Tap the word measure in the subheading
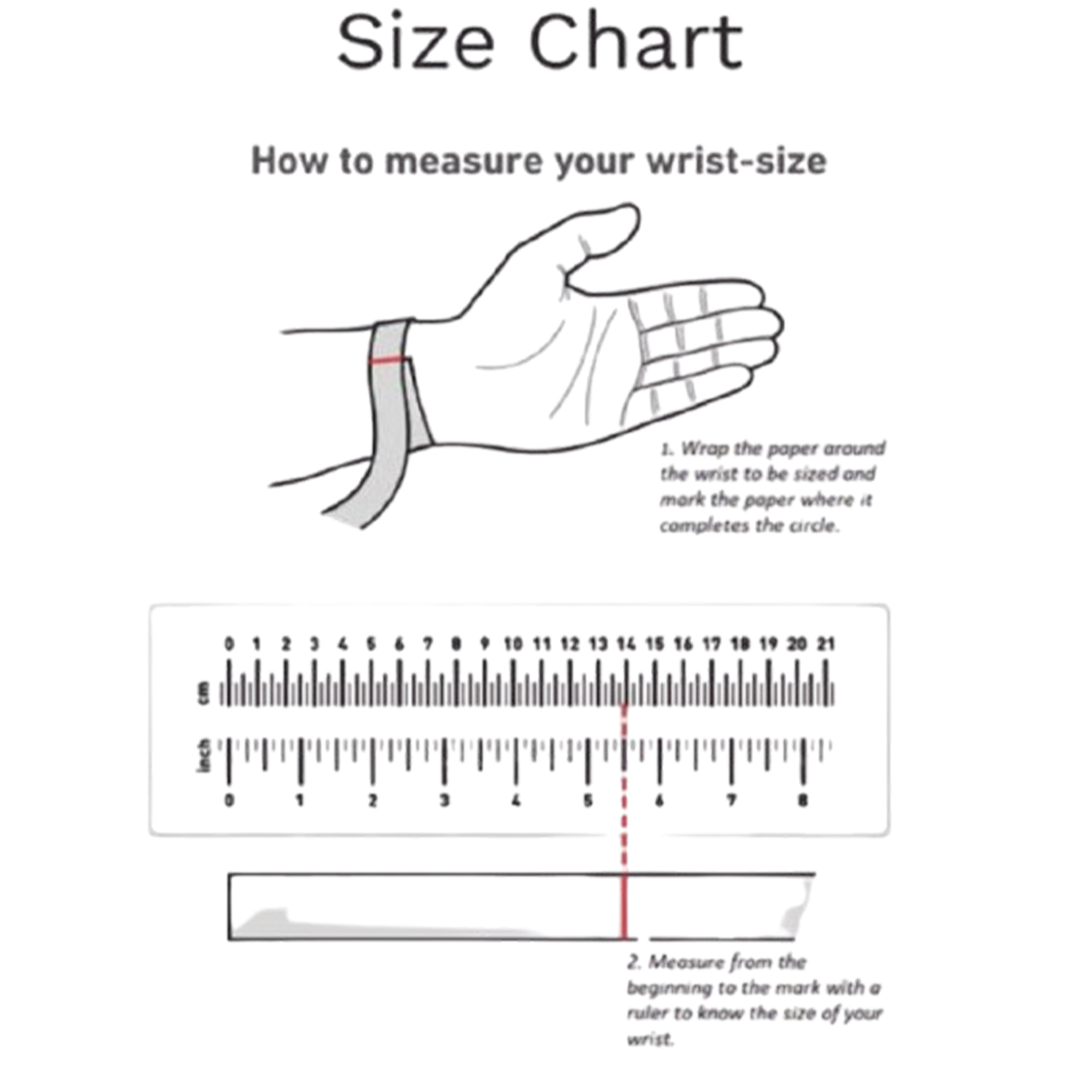[464, 161]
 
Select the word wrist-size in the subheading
[736, 161]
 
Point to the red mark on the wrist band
[388, 360]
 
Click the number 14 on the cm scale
[626, 644]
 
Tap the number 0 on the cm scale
[228, 644]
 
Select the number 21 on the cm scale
[826, 644]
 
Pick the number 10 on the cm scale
[513, 644]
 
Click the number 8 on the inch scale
[803, 801]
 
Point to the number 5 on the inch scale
[587, 801]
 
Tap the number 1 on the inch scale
[300, 801]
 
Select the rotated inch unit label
[204, 755]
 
